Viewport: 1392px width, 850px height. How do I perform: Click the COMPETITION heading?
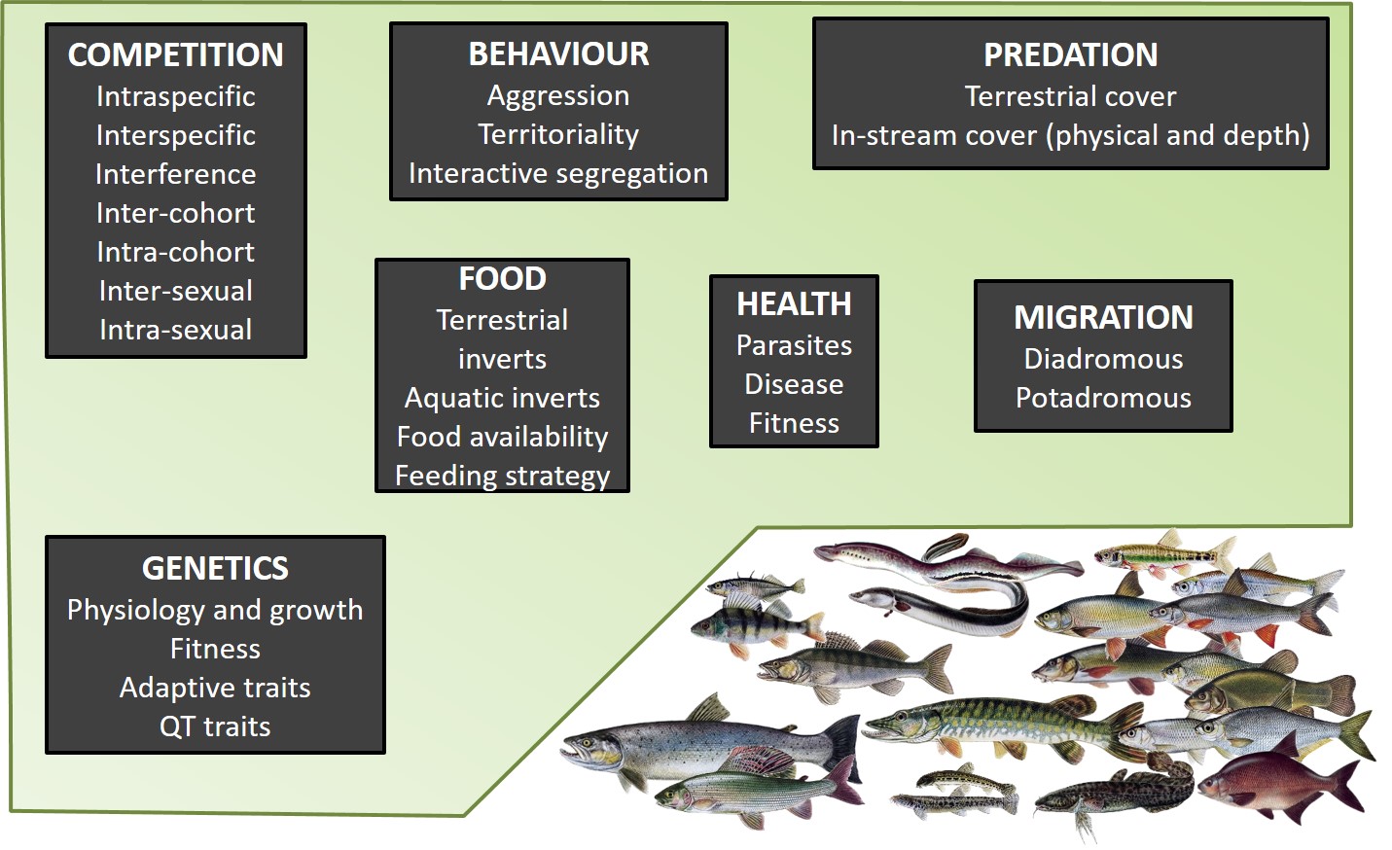176,55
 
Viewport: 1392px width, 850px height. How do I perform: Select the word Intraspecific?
176,96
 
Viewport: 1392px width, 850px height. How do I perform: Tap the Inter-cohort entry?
176,213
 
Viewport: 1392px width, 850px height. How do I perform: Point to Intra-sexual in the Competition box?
176,330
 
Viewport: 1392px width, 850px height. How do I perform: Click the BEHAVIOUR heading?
558,54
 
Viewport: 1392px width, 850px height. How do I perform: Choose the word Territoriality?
558,134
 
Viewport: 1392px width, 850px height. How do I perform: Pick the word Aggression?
558,95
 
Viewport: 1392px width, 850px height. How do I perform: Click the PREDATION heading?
1070,55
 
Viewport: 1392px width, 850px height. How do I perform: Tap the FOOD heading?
502,279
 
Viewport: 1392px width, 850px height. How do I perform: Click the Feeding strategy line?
502,476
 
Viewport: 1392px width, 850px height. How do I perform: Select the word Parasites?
794,345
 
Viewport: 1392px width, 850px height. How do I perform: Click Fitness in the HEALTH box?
794,423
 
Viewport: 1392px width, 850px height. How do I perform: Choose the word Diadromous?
1103,359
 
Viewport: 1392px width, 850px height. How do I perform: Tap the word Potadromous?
1103,398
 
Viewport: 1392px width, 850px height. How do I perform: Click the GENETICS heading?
215,568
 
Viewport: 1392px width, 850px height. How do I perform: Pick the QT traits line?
215,726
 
